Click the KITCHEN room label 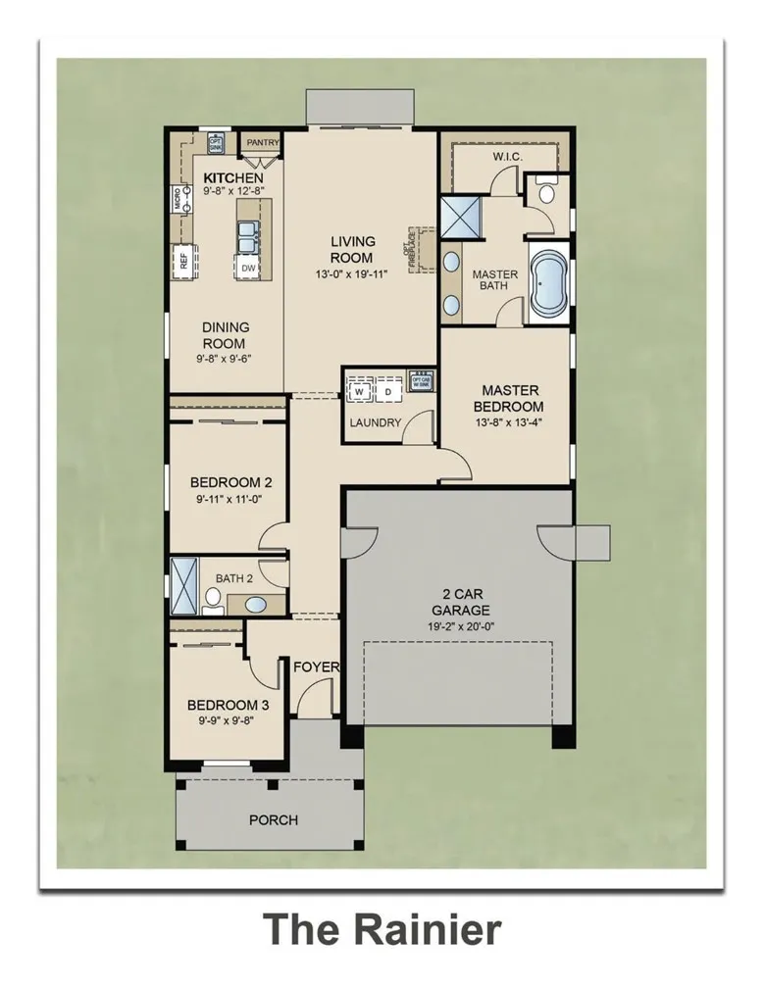[x=232, y=176]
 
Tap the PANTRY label [x=262, y=143]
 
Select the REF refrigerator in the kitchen [x=182, y=260]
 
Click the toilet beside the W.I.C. [x=545, y=193]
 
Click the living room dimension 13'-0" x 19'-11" [x=352, y=273]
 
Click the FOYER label [x=317, y=667]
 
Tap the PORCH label [x=274, y=819]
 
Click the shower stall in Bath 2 [x=184, y=584]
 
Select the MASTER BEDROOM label [x=509, y=398]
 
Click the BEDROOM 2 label [x=230, y=482]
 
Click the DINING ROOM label [x=226, y=335]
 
